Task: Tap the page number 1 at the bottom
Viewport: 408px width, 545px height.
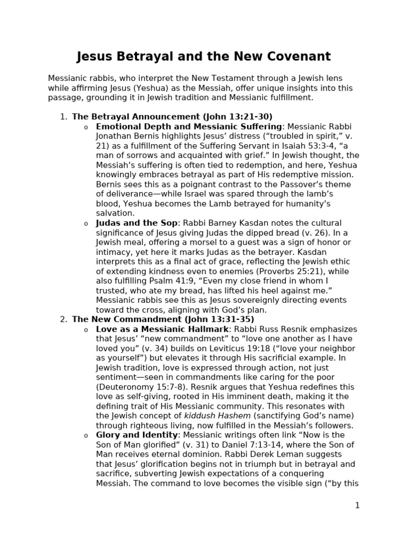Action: [357, 505]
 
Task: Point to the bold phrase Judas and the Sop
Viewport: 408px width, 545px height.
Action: [137, 223]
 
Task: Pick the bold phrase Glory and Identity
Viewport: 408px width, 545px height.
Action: [137, 435]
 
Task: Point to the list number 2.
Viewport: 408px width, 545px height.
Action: [63, 319]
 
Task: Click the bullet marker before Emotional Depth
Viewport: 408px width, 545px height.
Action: [86, 127]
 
